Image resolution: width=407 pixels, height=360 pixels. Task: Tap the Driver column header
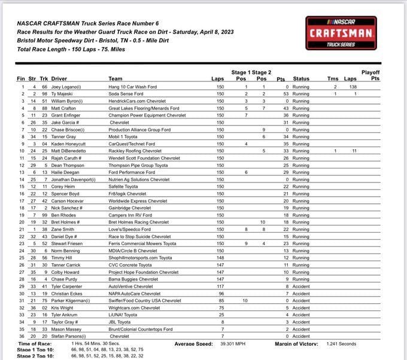coord(59,78)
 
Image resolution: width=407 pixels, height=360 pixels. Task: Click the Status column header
coord(301,78)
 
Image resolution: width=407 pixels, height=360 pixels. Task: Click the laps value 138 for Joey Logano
coord(353,87)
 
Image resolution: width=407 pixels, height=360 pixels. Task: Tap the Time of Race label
coord(35,344)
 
